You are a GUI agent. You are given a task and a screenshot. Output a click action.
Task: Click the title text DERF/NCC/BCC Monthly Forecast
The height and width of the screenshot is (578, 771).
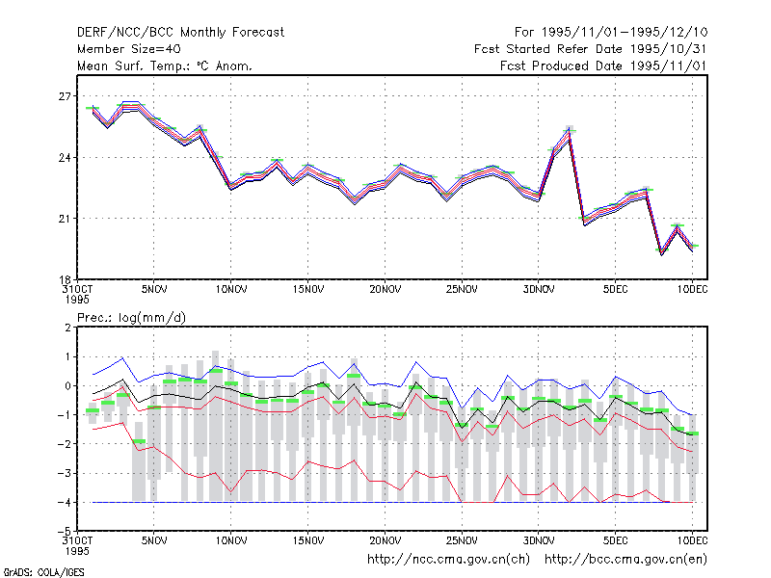(180, 33)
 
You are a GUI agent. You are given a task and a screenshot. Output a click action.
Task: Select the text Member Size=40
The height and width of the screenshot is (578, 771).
(129, 49)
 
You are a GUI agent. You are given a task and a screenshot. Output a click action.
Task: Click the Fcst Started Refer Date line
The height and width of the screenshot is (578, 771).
(590, 49)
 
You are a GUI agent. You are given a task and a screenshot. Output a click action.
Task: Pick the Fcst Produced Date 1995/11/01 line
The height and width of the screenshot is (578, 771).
(603, 66)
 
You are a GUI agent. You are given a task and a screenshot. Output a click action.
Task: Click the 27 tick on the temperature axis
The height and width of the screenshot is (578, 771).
(65, 96)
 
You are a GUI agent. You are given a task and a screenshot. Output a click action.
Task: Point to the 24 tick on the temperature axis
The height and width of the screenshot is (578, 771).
(65, 158)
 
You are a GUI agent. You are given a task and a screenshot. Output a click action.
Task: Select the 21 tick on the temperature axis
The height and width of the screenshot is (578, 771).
(65, 219)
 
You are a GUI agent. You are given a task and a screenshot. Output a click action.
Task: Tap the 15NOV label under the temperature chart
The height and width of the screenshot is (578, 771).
(308, 290)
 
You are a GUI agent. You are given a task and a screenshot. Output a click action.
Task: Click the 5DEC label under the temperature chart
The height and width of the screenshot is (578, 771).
(615, 290)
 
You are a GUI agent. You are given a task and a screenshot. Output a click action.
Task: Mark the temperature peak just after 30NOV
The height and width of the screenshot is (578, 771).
(569, 130)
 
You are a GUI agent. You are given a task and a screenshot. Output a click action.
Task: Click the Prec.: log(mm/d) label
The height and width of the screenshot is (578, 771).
(131, 318)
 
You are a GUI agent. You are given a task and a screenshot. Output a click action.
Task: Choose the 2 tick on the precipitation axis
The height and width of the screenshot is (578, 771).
(67, 328)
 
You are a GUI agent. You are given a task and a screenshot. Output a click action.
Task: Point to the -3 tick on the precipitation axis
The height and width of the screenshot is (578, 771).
(65, 473)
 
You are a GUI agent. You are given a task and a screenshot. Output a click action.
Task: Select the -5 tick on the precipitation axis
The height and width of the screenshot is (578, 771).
(65, 532)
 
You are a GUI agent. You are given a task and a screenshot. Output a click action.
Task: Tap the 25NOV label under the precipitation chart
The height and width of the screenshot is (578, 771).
(462, 541)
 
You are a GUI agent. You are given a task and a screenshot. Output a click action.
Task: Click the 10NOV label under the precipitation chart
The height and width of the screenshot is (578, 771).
(231, 541)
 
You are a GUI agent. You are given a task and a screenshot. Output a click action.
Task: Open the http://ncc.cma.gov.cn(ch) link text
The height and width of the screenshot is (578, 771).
(448, 560)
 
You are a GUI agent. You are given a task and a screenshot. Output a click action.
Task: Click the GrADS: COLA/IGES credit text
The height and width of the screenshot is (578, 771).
(43, 572)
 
